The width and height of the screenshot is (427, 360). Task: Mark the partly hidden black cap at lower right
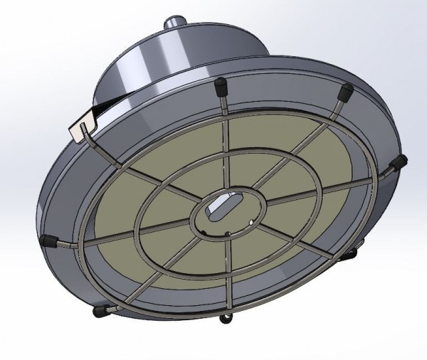click(x=352, y=253)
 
